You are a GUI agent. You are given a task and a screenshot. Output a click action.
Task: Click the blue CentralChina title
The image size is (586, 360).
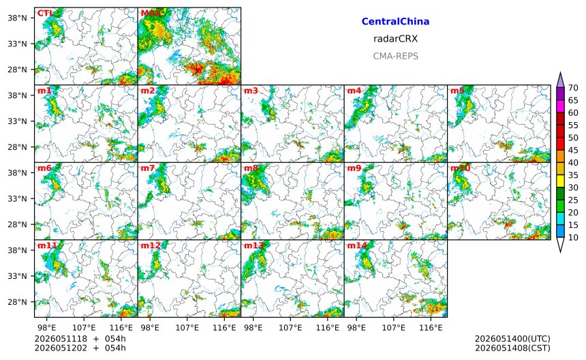tap(395, 22)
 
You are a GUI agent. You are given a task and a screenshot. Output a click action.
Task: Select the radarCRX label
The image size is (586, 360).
tap(395, 39)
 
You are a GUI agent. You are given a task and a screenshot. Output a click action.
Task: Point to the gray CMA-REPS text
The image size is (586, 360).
tap(395, 56)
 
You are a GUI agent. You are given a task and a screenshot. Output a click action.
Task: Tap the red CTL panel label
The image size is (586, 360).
tap(44, 14)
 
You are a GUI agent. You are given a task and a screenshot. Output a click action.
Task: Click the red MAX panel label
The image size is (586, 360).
tap(151, 14)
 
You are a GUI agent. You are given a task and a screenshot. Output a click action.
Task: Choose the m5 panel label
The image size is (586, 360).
tap(457, 91)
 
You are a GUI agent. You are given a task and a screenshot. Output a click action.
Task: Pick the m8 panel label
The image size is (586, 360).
tap(251, 168)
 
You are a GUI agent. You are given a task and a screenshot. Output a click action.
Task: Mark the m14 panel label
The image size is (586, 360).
tap(357, 245)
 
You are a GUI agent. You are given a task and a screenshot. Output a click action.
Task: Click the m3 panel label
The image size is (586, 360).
tap(251, 91)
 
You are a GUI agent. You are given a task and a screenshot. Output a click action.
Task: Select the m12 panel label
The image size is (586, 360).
tap(150, 245)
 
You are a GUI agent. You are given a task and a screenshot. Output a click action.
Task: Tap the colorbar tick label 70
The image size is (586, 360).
tap(573, 88)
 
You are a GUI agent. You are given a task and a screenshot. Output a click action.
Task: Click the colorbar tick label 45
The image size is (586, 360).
tap(573, 150)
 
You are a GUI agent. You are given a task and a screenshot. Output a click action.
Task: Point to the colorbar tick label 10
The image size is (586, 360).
tap(573, 237)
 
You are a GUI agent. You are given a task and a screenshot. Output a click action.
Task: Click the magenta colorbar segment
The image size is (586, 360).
tap(560, 106)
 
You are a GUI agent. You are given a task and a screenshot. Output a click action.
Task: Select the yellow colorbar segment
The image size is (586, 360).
tap(560, 181)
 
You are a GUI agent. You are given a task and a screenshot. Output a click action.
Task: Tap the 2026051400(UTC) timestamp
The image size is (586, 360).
tap(512, 339)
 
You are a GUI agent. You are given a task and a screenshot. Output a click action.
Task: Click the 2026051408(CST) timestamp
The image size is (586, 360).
tap(512, 348)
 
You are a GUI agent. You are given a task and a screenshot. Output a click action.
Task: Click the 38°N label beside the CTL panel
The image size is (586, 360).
tap(18, 18)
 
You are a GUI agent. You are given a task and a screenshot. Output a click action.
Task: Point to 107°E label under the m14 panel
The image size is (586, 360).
tap(394, 328)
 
